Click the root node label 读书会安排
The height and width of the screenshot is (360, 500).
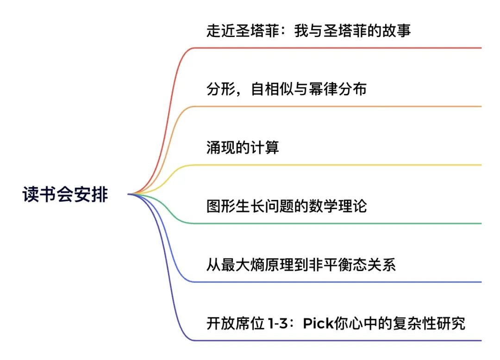tap(65, 194)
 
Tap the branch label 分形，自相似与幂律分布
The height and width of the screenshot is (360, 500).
tap(286, 89)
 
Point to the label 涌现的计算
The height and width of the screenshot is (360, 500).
tap(243, 148)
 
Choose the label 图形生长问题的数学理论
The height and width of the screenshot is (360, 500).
tap(286, 206)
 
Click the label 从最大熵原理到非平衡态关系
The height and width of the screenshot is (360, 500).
tap(301, 265)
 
